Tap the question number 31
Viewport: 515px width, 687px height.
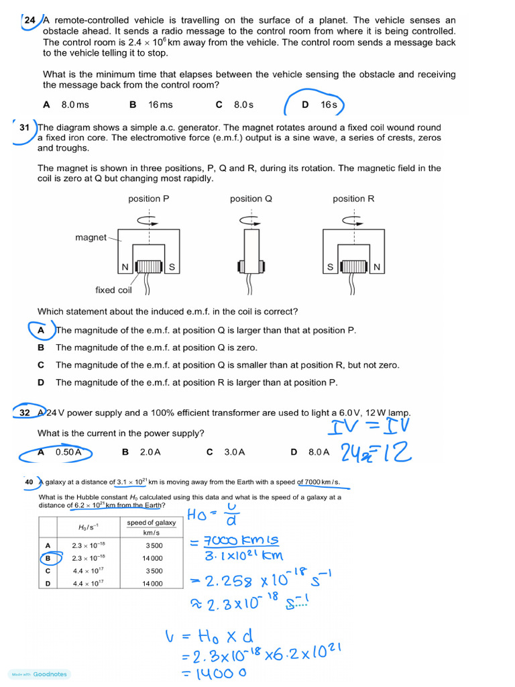coord(25,127)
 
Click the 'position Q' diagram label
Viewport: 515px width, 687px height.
coord(251,199)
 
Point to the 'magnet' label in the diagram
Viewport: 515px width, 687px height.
coord(91,237)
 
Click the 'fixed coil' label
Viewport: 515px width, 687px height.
coord(114,290)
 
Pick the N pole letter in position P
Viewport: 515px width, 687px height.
coord(124,268)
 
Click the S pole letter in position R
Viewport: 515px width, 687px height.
coord(330,268)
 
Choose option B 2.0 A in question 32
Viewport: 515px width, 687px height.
coord(141,452)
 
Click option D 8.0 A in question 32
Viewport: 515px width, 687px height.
coord(310,452)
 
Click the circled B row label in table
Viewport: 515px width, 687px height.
coord(47,558)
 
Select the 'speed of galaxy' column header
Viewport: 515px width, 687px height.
coord(152,523)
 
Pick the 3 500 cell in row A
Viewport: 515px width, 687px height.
coord(154,545)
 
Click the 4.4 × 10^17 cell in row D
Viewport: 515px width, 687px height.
coord(89,583)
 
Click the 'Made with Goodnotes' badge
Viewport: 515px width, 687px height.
coord(40,674)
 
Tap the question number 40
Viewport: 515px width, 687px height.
coord(29,482)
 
